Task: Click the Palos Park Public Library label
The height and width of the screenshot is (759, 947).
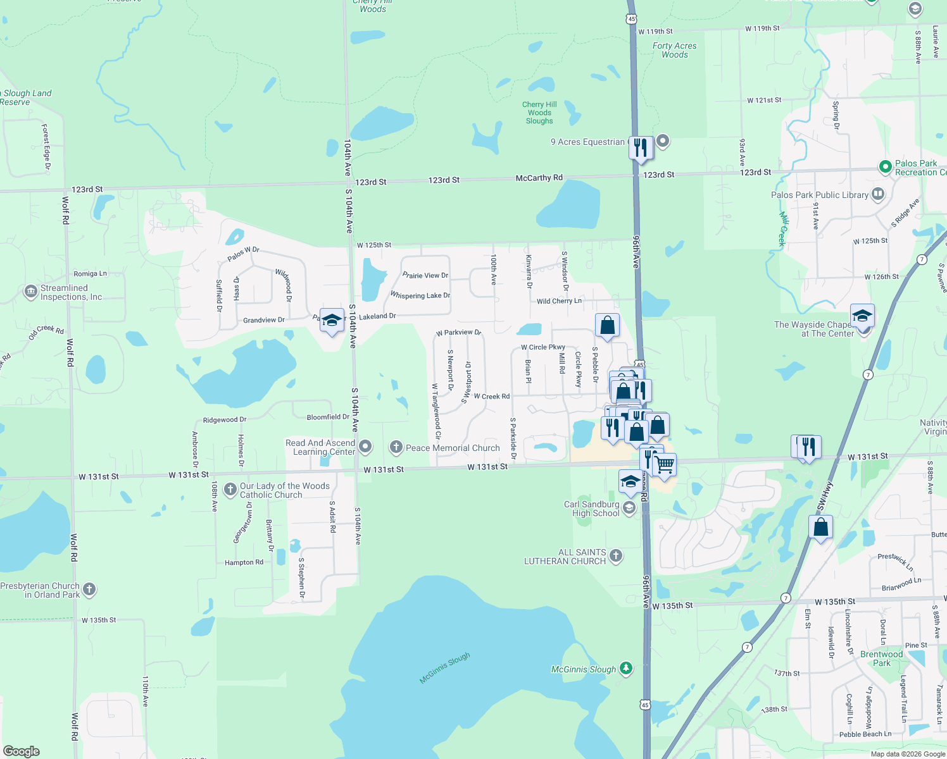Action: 819,195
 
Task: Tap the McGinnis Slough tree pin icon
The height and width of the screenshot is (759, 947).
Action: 626,668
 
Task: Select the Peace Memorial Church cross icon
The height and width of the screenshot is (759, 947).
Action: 396,448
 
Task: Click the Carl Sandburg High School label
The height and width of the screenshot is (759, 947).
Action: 592,509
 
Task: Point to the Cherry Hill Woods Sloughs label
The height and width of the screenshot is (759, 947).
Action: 539,113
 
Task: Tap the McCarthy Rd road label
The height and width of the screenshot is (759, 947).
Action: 539,178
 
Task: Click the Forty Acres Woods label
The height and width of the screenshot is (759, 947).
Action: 674,50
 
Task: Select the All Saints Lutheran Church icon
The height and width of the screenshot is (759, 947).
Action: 616,556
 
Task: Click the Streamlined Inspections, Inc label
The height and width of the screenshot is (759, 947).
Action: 71,292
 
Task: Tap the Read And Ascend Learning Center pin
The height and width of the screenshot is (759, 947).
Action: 365,447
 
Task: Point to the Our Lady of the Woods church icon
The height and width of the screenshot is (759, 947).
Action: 230,490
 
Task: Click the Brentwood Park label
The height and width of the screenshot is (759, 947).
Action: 881,658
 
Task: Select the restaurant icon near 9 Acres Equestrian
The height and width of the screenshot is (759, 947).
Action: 641,147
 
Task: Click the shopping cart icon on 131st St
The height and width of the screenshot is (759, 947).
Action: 664,465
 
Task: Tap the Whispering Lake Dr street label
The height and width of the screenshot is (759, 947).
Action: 420,295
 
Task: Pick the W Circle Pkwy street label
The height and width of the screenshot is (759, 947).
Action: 542,347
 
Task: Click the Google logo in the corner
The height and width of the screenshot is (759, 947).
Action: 22,751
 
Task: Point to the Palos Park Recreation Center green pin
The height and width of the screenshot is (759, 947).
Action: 886,167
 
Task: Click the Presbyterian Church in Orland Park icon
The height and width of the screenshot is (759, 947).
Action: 89,589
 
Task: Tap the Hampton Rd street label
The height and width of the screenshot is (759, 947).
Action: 244,562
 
